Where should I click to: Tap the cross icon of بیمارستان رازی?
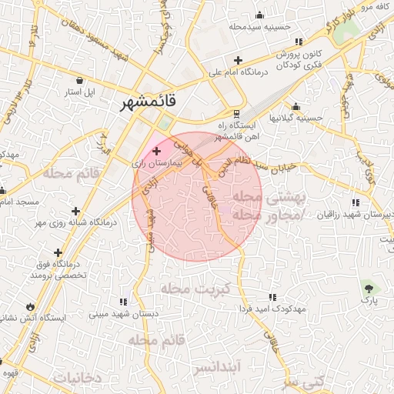point(157,151)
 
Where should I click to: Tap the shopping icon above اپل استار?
point(80,79)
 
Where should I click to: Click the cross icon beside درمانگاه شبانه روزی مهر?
point(75,211)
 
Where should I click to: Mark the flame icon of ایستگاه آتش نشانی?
point(30,306)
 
